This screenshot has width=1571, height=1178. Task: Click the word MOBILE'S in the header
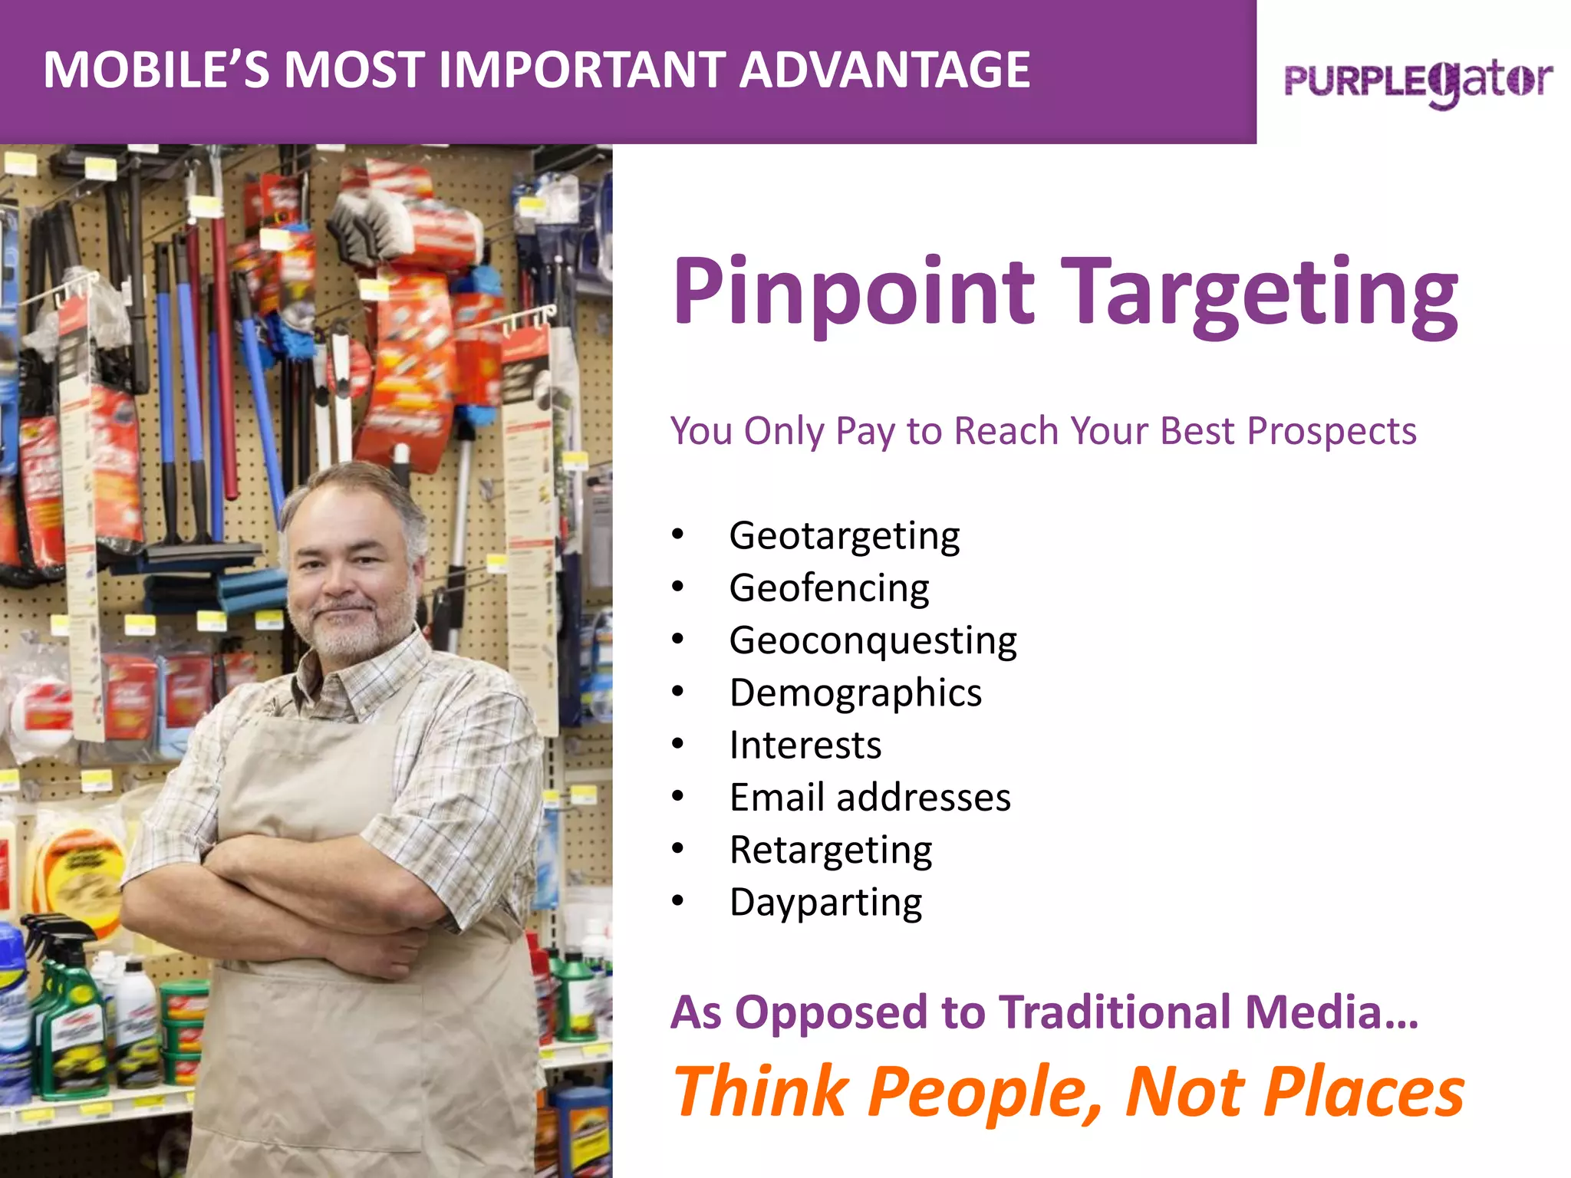pos(156,71)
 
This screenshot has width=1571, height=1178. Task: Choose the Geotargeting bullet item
pos(844,535)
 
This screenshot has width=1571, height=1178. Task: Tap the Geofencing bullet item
pos(828,588)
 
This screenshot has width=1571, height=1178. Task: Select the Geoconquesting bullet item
pos(872,640)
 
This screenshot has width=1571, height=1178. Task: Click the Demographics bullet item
pos(855,693)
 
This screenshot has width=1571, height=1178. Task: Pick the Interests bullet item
pos(805,745)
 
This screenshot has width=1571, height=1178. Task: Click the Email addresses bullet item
pos(870,798)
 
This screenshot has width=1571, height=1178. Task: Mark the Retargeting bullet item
pos(830,850)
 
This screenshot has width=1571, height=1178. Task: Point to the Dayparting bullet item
pos(825,902)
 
